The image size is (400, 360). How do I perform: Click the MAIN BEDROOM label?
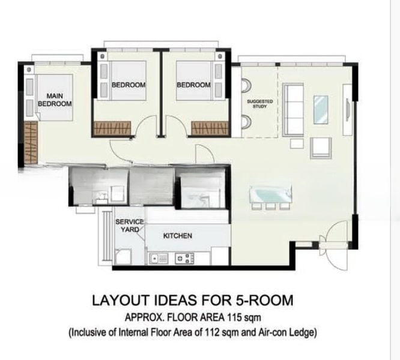55,100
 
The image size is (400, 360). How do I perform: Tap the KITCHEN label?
178,236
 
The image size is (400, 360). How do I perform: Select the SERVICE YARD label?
129,226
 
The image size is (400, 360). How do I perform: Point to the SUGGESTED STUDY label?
259,104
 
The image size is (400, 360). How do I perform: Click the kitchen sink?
159,259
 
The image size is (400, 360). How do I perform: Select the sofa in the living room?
293,110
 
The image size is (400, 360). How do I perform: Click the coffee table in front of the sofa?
321,110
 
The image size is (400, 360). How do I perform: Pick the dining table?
270,194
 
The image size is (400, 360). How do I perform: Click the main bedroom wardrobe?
31,142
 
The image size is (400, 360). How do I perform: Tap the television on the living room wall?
348,110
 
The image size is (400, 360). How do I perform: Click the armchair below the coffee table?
321,148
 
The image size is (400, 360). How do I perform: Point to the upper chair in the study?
246,85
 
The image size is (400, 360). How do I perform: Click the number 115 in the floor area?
234,317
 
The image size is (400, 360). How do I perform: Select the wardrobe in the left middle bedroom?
112,128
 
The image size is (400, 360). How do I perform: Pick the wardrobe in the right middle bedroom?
210,128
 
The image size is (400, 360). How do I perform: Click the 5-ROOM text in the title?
264,300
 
